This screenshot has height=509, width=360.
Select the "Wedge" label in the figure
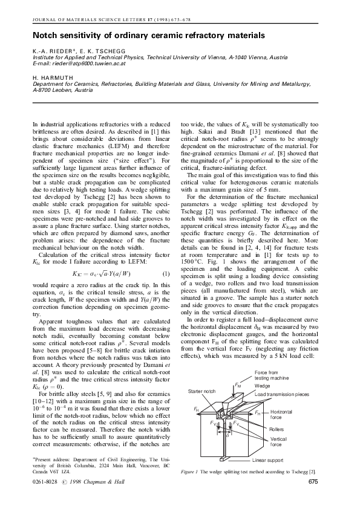tap(262, 385)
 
